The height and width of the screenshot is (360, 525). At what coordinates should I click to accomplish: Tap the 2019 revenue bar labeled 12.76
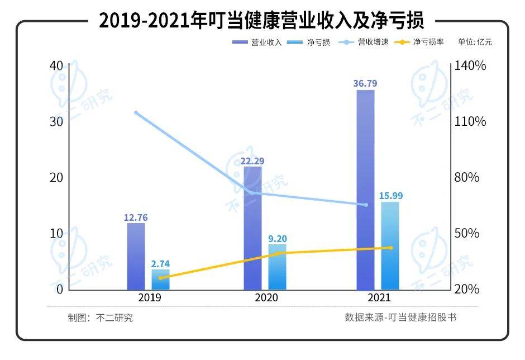click(136, 256)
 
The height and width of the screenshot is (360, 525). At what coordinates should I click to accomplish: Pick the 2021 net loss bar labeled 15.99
click(390, 246)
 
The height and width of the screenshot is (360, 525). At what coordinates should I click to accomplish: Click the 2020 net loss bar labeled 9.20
click(277, 267)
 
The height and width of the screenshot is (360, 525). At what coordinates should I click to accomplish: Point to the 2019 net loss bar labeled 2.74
click(161, 280)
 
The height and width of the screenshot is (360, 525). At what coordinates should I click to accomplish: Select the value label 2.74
click(160, 263)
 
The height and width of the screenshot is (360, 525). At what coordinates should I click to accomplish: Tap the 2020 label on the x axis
click(266, 298)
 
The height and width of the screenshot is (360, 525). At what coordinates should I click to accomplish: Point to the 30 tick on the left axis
click(55, 122)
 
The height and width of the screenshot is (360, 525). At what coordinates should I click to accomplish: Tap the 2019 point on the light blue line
click(136, 112)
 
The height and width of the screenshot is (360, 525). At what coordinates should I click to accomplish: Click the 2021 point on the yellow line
click(390, 248)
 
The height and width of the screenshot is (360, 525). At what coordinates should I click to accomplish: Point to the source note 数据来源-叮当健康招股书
click(401, 318)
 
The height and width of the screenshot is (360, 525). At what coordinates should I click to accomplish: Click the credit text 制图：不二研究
click(101, 318)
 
